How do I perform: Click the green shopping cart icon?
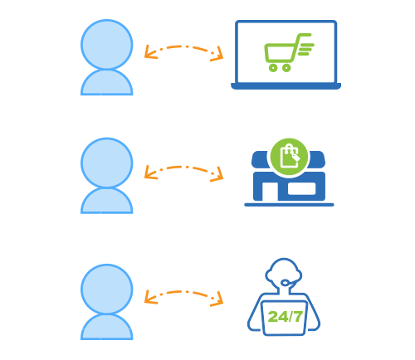288,52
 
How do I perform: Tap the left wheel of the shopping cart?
273,68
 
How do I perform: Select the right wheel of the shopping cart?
286,68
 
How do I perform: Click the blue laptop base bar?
286,86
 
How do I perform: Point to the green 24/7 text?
286,317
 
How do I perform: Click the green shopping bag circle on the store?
289,157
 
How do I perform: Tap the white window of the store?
301,188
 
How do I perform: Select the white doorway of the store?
270,192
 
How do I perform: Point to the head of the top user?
107,45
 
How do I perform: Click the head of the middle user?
107,163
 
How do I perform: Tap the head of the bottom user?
107,289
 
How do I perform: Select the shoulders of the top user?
107,83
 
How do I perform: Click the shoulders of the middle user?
107,202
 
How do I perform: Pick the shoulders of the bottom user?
107,328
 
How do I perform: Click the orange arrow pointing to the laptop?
184,46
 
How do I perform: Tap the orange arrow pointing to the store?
184,168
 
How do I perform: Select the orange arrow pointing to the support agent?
184,292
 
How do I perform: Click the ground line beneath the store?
289,205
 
